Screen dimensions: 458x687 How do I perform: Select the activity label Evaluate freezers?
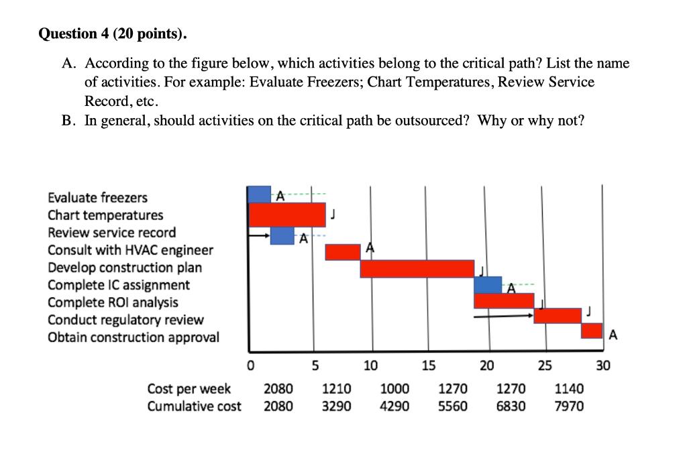click(x=97, y=198)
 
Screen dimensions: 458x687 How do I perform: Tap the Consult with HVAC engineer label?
click(x=130, y=250)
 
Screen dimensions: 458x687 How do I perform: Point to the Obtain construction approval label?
click(x=133, y=337)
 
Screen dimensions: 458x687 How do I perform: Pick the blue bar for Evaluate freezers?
click(x=259, y=194)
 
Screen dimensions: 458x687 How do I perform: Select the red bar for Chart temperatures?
click(x=287, y=215)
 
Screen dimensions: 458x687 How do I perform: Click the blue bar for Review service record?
click(x=282, y=235)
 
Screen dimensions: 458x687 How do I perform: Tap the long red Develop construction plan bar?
click(x=417, y=268)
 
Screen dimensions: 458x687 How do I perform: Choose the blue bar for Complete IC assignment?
click(x=488, y=284)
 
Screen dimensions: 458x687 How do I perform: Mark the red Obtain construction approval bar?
click(x=592, y=331)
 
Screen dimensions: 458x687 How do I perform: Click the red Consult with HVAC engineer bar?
click(x=343, y=251)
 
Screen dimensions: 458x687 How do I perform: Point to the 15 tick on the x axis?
click(x=428, y=365)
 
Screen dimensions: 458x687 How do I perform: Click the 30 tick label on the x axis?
click(x=602, y=365)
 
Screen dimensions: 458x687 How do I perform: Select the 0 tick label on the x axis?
click(x=250, y=366)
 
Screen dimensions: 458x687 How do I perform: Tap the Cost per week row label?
click(x=189, y=389)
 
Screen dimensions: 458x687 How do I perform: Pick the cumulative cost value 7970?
click(x=570, y=406)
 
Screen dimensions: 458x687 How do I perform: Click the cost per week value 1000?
click(x=394, y=389)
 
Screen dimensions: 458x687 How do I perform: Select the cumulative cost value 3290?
click(x=337, y=406)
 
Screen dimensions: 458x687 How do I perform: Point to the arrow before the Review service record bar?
click(x=259, y=236)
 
